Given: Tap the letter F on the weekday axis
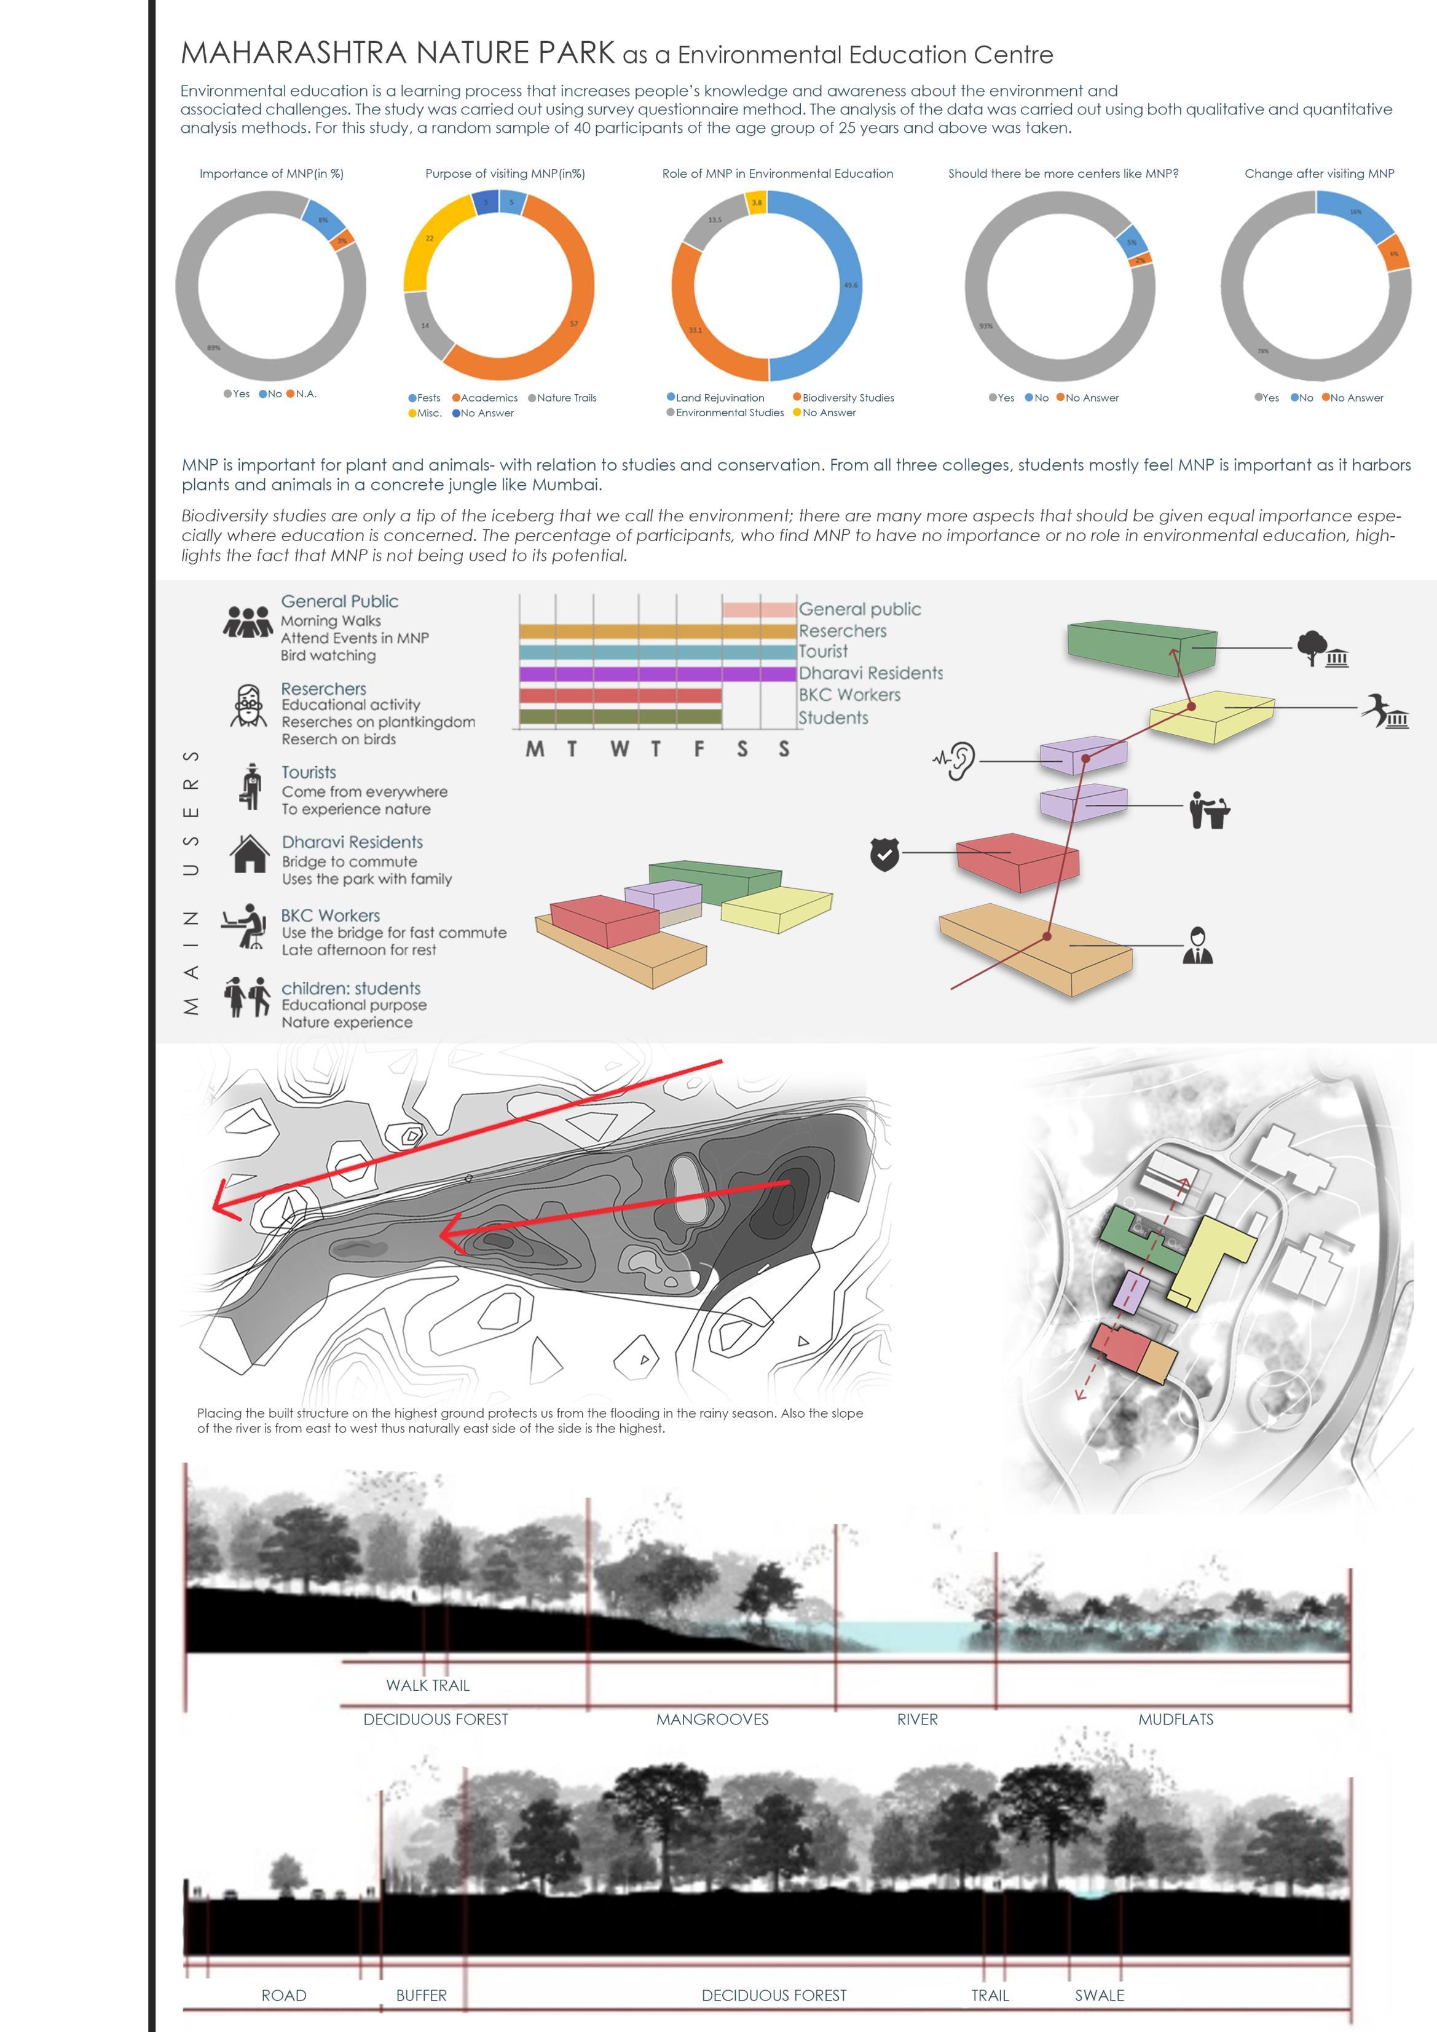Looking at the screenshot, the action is pyautogui.click(x=699, y=749).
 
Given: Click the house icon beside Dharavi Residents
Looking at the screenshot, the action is pyautogui.click(x=249, y=854).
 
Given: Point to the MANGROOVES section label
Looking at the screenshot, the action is pyautogui.click(x=712, y=1720).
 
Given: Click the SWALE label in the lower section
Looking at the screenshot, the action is pyautogui.click(x=1099, y=1996).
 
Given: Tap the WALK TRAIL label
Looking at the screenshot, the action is pyautogui.click(x=427, y=1686).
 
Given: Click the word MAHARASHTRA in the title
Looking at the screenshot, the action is pyautogui.click(x=293, y=53).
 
